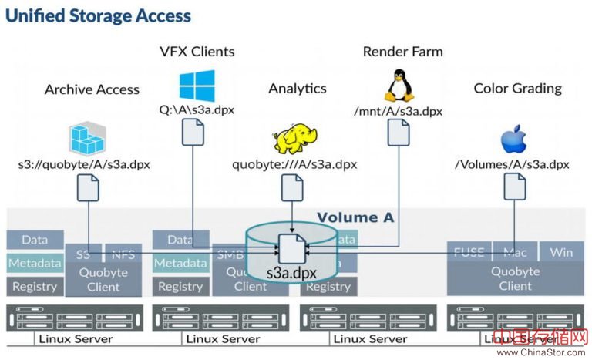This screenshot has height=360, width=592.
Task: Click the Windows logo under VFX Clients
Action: coord(197,86)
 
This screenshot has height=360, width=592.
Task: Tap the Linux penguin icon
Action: coord(398,85)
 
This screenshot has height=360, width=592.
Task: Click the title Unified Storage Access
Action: coord(99,15)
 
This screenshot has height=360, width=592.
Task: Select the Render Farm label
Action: coord(403,52)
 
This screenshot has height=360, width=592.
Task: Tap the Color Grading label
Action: coord(517,88)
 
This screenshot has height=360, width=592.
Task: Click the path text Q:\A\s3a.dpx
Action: coord(197,109)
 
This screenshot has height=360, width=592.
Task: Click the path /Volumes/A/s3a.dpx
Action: coord(512,164)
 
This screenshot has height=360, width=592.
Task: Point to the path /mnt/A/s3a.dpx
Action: coord(398,111)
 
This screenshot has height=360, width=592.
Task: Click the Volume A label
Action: coord(355,217)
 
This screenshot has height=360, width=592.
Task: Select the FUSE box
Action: coord(469,252)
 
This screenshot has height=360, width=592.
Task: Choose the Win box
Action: coord(561,252)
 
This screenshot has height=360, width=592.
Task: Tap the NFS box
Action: coord(123,252)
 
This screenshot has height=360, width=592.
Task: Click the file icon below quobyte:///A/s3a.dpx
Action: coord(293,187)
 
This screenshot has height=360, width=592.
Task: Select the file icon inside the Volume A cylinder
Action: coord(293,247)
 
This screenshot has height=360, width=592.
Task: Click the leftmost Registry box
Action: coord(35,286)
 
